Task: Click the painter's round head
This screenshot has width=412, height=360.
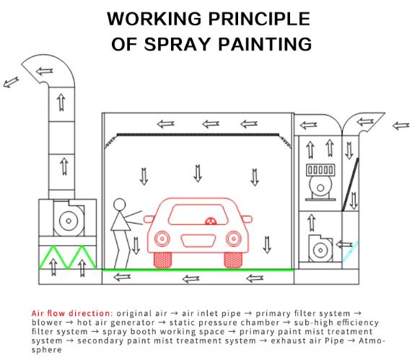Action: pos(119,204)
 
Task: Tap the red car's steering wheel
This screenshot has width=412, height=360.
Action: pos(211,221)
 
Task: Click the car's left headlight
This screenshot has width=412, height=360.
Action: pos(162,239)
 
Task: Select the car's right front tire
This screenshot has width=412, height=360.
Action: pos(233,260)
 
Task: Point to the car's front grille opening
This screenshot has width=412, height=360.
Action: pos(198,241)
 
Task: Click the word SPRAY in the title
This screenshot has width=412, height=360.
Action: pos(177,44)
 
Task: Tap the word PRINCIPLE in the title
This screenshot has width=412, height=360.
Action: pos(259,19)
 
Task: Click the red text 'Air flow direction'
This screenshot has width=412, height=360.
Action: pos(71,313)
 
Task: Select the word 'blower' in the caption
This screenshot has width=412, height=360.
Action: pos(47,322)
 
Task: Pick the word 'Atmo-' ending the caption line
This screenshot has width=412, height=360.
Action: pos(372,341)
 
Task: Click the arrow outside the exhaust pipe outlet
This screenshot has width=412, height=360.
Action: pos(11,82)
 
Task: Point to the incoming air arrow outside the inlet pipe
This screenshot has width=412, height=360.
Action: pos(401,126)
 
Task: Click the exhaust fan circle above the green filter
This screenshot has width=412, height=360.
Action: pos(69,221)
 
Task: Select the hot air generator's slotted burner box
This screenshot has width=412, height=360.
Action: pos(320,170)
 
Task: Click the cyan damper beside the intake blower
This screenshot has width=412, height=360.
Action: pos(351,252)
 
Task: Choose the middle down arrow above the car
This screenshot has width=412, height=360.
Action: pos(198,173)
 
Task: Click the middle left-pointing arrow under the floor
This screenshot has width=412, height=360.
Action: pos(190,278)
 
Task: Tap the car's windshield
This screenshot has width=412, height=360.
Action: pos(198,214)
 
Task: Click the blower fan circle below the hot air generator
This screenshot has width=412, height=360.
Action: pos(320,250)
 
